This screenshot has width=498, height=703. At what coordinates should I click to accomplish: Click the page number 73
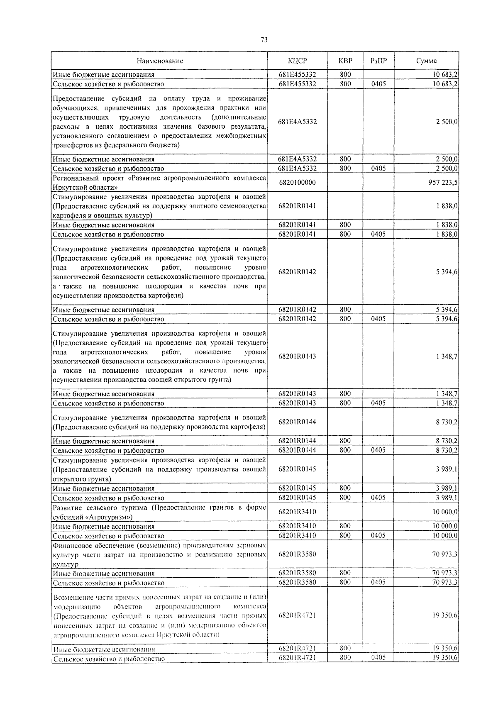click(x=264, y=40)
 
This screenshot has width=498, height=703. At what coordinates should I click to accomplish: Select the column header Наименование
click(x=160, y=61)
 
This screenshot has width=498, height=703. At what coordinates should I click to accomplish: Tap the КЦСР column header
click(x=297, y=61)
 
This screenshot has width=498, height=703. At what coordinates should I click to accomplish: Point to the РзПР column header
click(x=378, y=61)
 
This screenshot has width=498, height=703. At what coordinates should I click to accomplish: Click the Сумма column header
click(x=426, y=61)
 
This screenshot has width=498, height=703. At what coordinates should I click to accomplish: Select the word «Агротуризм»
click(x=109, y=517)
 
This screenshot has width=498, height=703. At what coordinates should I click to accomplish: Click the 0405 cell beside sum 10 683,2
click(x=378, y=84)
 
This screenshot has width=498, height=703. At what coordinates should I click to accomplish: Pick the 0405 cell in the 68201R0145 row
click(x=378, y=498)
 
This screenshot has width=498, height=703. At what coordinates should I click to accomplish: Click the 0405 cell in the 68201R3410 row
click(x=378, y=536)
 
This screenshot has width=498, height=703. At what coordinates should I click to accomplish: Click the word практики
click(x=234, y=108)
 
